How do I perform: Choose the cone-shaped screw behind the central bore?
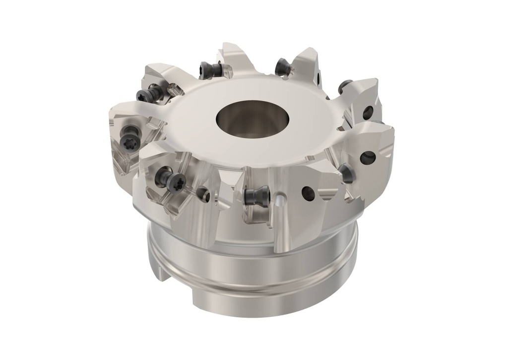[x=283, y=66]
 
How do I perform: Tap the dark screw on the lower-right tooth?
[x=346, y=173]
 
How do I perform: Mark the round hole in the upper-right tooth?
[x=368, y=112]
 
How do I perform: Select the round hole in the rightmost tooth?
[x=368, y=158]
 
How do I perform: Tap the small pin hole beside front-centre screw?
[x=281, y=201]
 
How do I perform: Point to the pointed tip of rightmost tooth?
[x=392, y=130]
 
